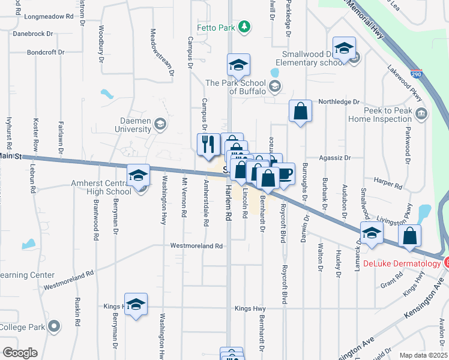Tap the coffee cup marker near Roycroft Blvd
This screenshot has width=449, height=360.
(285, 174)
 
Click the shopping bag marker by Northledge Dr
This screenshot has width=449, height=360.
(300, 112)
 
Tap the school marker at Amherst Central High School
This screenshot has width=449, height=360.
(138, 176)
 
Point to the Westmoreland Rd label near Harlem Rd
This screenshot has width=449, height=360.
(196, 246)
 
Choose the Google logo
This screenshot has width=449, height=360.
(20, 353)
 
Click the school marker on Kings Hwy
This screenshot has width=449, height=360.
(136, 304)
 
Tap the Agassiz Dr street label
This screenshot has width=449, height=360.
(336, 158)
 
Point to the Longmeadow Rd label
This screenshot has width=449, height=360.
(48, 17)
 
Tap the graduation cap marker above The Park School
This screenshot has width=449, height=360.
(238, 65)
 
